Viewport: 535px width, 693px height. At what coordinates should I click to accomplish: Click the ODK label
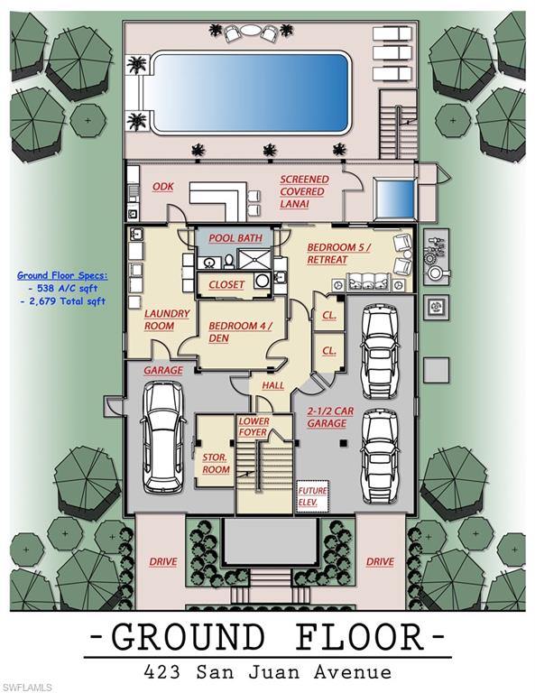(162, 187)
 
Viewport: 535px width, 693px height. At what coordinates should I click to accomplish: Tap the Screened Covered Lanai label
(304, 191)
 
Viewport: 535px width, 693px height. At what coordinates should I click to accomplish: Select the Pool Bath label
(235, 238)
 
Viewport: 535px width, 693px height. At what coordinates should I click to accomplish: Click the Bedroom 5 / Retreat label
(337, 253)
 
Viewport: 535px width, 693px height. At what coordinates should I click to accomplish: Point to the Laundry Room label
(167, 319)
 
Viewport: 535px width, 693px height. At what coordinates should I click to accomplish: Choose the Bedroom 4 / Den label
(240, 332)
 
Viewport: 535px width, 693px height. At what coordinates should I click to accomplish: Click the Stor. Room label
(216, 463)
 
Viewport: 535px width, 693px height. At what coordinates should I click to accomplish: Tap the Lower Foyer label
(254, 427)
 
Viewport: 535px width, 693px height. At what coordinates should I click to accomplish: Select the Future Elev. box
(313, 495)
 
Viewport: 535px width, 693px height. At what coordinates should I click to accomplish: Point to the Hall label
(273, 385)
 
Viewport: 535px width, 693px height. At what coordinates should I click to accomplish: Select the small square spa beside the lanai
(393, 196)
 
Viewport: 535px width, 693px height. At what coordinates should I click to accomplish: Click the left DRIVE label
(162, 561)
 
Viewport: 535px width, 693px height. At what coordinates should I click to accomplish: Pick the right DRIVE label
(380, 561)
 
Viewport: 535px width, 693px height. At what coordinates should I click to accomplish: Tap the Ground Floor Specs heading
(62, 275)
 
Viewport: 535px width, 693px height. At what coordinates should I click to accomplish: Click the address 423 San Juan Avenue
(268, 671)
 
